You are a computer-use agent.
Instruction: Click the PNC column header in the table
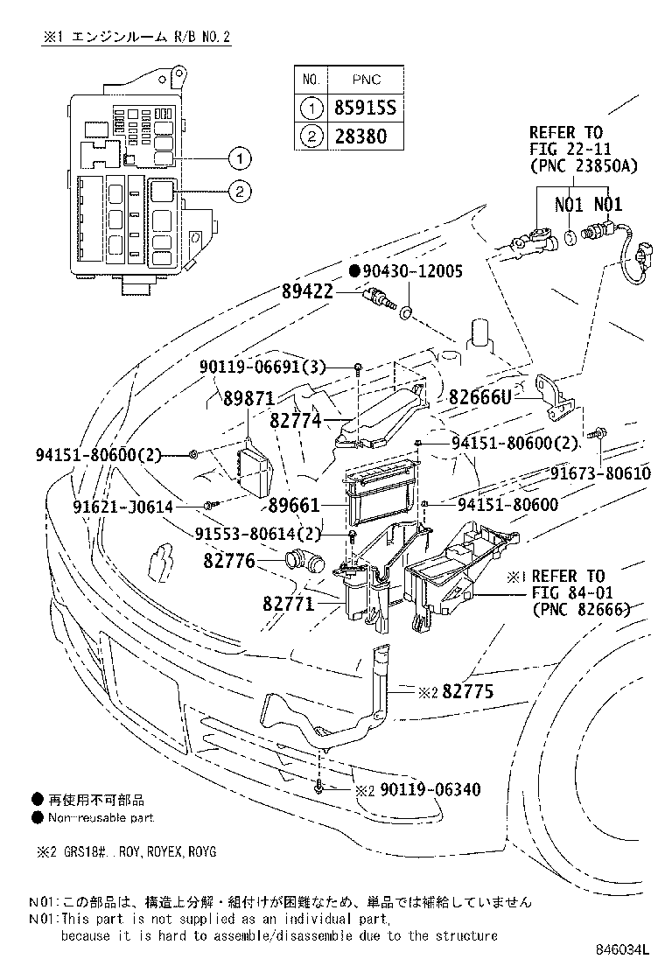tap(367, 80)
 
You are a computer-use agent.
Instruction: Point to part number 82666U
tap(480, 396)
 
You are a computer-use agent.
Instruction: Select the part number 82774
tap(296, 422)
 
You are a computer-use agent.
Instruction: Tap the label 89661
tap(295, 505)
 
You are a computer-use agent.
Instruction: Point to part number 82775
tap(467, 691)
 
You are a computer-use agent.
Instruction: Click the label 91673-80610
tap(600, 473)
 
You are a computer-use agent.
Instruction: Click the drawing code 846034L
tap(624, 950)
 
